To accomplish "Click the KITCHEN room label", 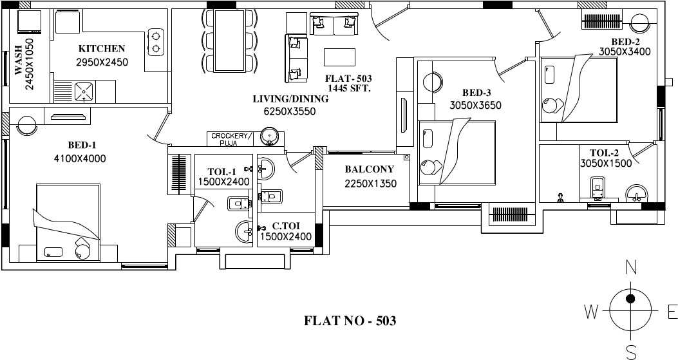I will pyautogui.click(x=102, y=48).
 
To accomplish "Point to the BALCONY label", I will pyautogui.click(x=369, y=169).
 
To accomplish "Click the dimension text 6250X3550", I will pyautogui.click(x=289, y=111).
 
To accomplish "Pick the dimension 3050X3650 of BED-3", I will pyautogui.click(x=475, y=105).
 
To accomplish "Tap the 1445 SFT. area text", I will pyautogui.click(x=349, y=88).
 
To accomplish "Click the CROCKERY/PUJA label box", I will pyautogui.click(x=229, y=138).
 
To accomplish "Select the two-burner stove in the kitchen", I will pyautogui.click(x=155, y=41).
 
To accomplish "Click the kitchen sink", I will pyautogui.click(x=84, y=91).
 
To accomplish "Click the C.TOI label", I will pyautogui.click(x=285, y=225).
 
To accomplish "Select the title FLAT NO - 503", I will pyautogui.click(x=350, y=320).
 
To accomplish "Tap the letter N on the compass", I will pyautogui.click(x=632, y=267).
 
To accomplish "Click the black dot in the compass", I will pyautogui.click(x=631, y=298).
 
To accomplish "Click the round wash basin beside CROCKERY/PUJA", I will pyautogui.click(x=270, y=136).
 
